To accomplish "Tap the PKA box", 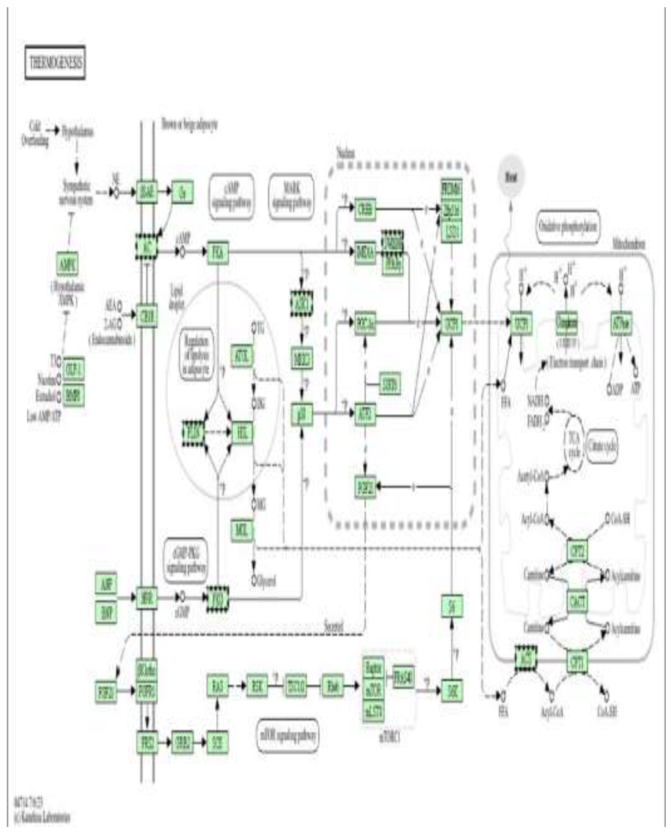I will pyautogui.click(x=218, y=253).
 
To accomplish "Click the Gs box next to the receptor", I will pyautogui.click(x=182, y=192).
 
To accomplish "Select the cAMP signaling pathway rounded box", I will pyautogui.click(x=231, y=196).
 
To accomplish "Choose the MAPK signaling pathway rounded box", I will pyautogui.click(x=291, y=196).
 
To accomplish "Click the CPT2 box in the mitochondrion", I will pyautogui.click(x=577, y=551).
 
